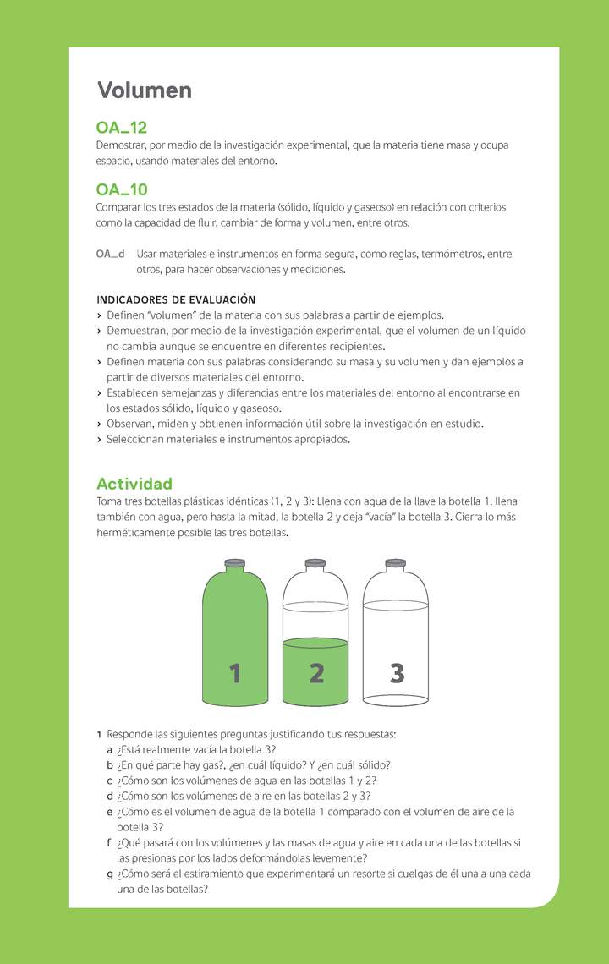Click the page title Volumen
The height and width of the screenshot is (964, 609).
coord(144,90)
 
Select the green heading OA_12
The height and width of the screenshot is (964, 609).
coord(122,128)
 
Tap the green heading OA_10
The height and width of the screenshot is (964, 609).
coord(122,189)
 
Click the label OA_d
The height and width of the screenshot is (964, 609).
coord(110,254)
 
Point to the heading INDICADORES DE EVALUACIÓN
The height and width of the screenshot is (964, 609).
coord(176,299)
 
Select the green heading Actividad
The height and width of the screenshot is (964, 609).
coord(134,484)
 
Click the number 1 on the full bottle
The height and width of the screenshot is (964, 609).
coord(235,674)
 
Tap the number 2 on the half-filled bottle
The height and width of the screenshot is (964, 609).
coord(316,674)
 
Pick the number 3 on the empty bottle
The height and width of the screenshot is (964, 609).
coord(397,674)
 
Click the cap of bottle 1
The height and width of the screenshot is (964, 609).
coord(235,562)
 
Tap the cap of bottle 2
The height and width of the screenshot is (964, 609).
coord(315,562)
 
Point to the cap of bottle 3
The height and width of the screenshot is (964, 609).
coord(395,562)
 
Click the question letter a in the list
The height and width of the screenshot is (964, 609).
coord(110,750)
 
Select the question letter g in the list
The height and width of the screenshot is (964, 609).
coord(110,874)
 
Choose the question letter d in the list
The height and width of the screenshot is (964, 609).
coord(110,797)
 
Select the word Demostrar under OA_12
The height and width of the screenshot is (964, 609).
coord(121,145)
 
